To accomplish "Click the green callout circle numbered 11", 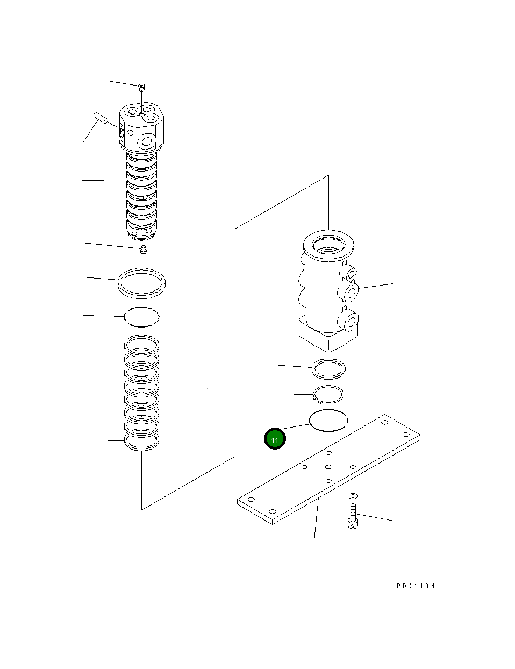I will [x=275, y=439].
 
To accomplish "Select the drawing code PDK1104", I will [x=416, y=586].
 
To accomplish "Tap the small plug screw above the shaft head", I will [x=142, y=87].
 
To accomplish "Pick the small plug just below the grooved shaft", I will [x=143, y=249].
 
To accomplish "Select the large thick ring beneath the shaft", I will [x=141, y=282].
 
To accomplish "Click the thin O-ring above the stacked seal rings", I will [x=142, y=317].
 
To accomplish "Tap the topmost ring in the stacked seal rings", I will [x=142, y=344].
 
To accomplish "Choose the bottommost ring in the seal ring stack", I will [x=142, y=442].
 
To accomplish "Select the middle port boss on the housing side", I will [x=351, y=291].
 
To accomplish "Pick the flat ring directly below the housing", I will [x=328, y=368].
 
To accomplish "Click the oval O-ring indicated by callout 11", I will [x=328, y=420].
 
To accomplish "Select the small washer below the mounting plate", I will [x=353, y=495].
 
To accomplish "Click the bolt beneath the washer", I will [x=353, y=517].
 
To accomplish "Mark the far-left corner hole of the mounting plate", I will [x=251, y=499].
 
